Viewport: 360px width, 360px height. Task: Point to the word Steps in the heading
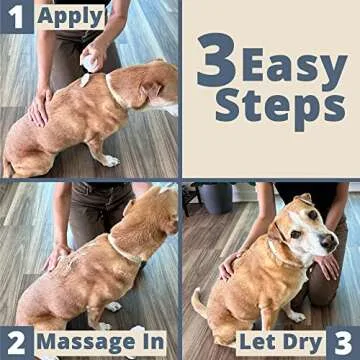pos(286,107)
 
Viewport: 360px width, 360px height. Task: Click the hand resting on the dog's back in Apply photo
pos(41,106)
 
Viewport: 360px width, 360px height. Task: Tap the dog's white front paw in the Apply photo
pos(110,159)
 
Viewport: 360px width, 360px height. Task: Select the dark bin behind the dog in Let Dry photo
pos(214,197)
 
